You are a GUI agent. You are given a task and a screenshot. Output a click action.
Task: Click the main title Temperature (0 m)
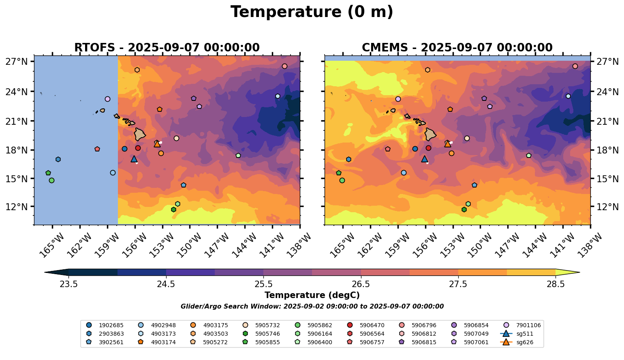[312, 12]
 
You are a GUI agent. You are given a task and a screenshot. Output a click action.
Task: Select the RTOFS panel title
[167, 48]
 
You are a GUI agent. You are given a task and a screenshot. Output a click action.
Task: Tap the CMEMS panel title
[457, 48]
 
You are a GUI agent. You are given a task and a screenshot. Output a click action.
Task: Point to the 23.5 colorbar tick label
[69, 284]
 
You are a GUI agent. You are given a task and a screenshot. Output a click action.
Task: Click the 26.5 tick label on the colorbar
[361, 284]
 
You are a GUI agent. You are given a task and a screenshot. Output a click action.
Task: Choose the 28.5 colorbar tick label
[556, 284]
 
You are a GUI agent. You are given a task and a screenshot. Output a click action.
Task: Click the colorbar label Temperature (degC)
[312, 295]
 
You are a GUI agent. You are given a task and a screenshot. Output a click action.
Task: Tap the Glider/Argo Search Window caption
[312, 307]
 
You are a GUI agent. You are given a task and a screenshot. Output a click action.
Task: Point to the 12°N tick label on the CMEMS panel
[607, 207]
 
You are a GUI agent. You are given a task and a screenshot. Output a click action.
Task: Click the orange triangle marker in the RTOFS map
[157, 144]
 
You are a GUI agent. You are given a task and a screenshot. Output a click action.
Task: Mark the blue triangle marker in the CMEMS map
[424, 159]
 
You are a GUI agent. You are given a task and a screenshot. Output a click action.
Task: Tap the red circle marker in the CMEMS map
[428, 148]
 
